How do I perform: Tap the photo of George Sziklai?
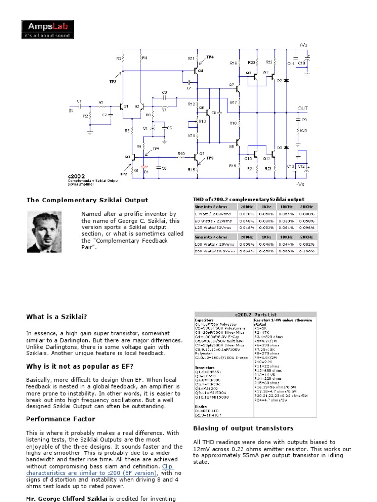coord(48,232)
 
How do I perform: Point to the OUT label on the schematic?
coord(303,108)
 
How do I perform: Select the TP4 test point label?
coord(210,57)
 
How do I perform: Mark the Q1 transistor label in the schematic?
coord(125,106)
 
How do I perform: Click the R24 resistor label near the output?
coord(303,130)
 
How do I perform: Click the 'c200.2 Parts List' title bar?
coord(256,314)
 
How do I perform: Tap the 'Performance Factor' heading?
coord(60,419)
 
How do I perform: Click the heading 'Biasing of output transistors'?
coord(243,428)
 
